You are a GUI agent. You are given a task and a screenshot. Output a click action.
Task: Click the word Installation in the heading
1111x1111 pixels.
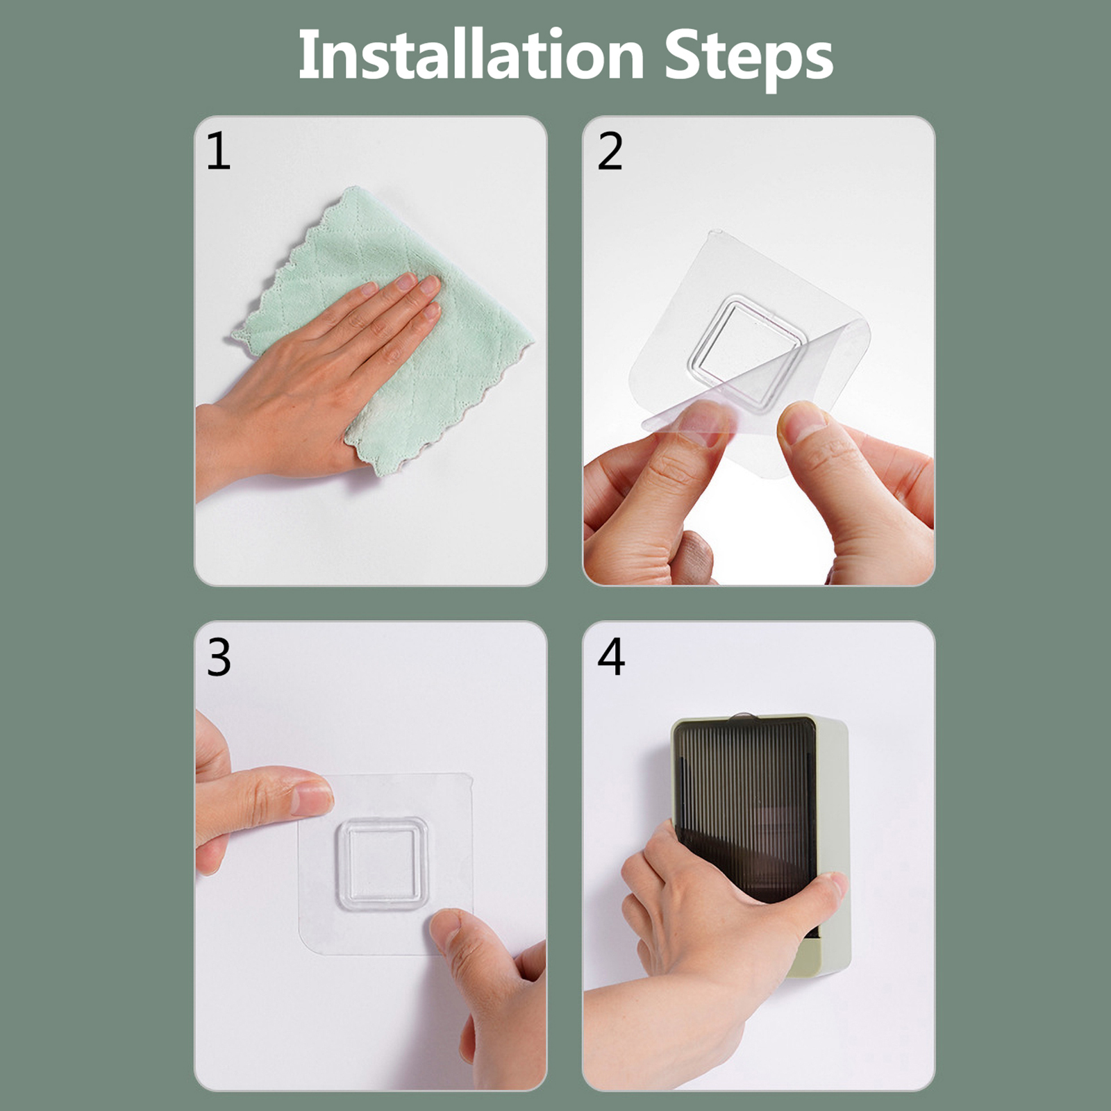471,56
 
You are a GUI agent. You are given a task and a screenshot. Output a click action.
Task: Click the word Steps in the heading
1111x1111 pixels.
749,59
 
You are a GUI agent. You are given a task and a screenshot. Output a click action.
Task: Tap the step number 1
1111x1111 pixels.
219,151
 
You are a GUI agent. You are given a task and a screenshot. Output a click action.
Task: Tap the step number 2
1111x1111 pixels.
610,151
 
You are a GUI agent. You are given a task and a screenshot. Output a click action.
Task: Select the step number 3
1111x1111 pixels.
219,658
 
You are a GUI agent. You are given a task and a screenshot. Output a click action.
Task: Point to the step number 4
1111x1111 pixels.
611,657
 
